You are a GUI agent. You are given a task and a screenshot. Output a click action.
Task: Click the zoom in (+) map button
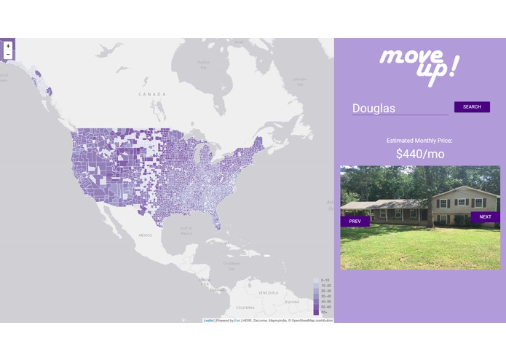pos(8,46)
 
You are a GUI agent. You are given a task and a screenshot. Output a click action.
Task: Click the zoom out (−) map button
pos(8,55)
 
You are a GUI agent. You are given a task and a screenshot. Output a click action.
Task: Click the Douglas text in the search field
pos(374,109)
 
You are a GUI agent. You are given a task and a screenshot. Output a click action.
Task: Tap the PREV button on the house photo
pos(355,221)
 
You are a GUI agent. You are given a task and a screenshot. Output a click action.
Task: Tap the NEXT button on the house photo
pos(485,216)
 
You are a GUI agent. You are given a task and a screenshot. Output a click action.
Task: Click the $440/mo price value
pos(420,154)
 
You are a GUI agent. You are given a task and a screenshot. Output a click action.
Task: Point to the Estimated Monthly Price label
pos(419,139)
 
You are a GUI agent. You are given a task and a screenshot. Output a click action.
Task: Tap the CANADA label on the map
pos(153,94)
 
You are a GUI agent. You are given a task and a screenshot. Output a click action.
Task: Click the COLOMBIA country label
pos(245,307)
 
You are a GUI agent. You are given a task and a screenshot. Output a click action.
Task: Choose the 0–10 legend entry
pos(325,281)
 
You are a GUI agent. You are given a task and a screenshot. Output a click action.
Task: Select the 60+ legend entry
pos(325,312)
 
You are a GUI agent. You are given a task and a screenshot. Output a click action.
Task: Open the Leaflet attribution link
pos(208,320)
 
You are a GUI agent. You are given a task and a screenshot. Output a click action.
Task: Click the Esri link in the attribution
pos(237,320)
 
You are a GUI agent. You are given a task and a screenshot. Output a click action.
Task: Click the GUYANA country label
pos(291,302)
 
